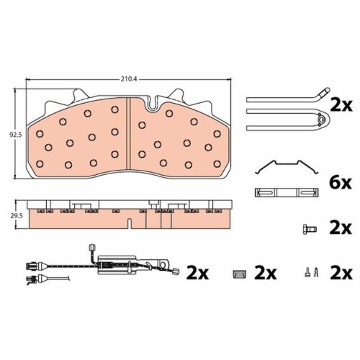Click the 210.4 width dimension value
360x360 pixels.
(129, 79)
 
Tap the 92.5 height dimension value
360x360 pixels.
(16, 135)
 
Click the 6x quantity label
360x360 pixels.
(341, 184)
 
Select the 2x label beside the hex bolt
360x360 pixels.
(341, 228)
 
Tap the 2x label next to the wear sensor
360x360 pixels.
(197, 273)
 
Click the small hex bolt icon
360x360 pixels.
(310, 229)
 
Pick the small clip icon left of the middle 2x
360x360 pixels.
(240, 274)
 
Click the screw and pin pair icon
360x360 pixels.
(311, 272)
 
